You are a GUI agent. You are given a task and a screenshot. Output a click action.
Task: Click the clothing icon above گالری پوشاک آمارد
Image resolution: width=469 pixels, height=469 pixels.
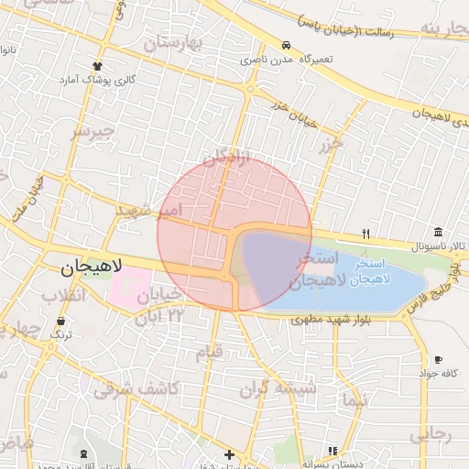pyautogui.click(x=98, y=66)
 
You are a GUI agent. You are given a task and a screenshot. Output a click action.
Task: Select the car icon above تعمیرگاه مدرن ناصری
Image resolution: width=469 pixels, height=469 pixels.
pyautogui.click(x=287, y=45)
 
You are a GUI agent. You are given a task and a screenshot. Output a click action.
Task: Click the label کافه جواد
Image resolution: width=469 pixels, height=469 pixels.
pyautogui.click(x=437, y=373)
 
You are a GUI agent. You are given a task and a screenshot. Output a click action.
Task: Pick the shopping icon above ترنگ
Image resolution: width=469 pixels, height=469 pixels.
pyautogui.click(x=60, y=322)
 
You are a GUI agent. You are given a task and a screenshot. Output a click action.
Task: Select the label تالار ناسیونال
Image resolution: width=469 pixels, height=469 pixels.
pyautogui.click(x=439, y=247)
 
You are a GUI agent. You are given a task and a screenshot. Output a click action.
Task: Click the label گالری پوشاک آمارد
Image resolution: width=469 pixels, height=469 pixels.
pyautogui.click(x=98, y=80)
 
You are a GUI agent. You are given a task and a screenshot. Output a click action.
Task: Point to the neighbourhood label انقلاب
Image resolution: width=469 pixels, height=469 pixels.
pyautogui.click(x=64, y=295)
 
